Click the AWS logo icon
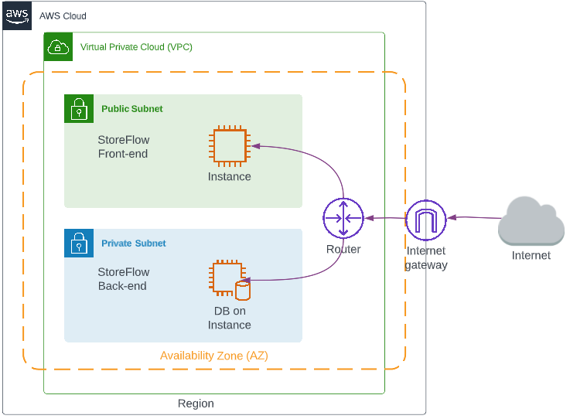(x=16, y=15)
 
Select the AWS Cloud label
(x=63, y=16)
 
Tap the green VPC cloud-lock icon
(x=58, y=46)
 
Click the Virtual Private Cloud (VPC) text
(x=136, y=47)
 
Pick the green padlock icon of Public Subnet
(x=78, y=109)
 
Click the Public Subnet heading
(x=132, y=109)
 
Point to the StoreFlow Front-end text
(x=123, y=147)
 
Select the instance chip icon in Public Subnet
(x=229, y=147)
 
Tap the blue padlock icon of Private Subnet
(x=78, y=243)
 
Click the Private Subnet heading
(x=134, y=244)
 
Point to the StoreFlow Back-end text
(x=123, y=279)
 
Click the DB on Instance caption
(x=229, y=318)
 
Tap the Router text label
(x=343, y=250)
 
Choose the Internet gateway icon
(x=426, y=220)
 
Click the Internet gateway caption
(x=426, y=258)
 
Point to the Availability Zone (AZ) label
(x=214, y=356)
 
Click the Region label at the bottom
(x=196, y=404)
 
